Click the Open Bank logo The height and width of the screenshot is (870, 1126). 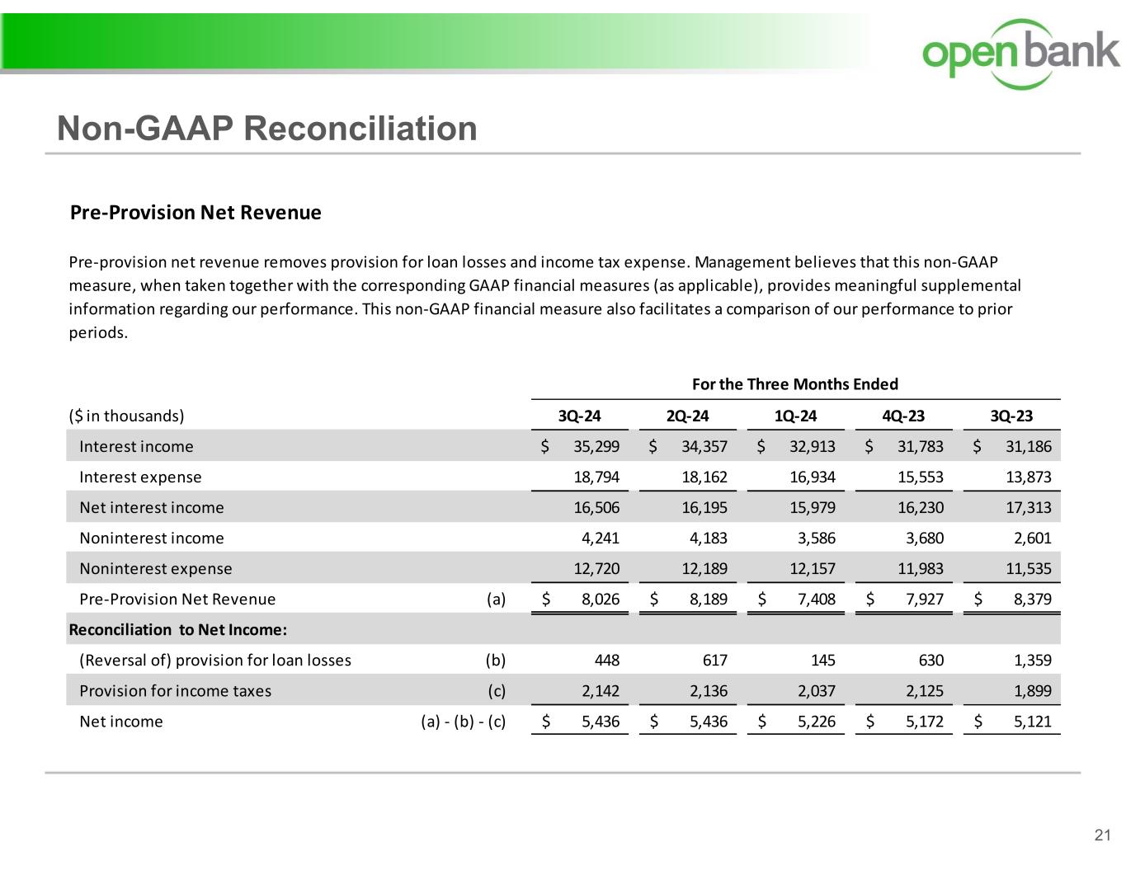1020,53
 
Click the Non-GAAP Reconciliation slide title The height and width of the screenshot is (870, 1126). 266,129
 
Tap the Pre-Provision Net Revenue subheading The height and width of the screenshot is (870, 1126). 196,213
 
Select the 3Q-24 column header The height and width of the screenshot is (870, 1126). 580,416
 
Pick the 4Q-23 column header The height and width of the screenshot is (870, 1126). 903,416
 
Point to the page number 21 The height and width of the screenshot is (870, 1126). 1102,835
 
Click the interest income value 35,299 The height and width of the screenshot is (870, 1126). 596,447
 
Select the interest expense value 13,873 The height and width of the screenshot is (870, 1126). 1028,477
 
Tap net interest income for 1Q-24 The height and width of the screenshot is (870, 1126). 812,508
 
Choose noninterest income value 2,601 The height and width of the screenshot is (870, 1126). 1032,538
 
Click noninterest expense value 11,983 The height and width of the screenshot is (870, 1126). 920,569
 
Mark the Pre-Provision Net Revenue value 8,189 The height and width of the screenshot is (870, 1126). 708,600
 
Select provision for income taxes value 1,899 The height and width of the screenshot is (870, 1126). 1032,691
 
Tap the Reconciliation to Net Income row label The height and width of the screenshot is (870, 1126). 177,630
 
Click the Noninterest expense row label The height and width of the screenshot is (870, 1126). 155,569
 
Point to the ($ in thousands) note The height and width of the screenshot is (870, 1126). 126,416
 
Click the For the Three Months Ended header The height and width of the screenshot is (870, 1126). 794,384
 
